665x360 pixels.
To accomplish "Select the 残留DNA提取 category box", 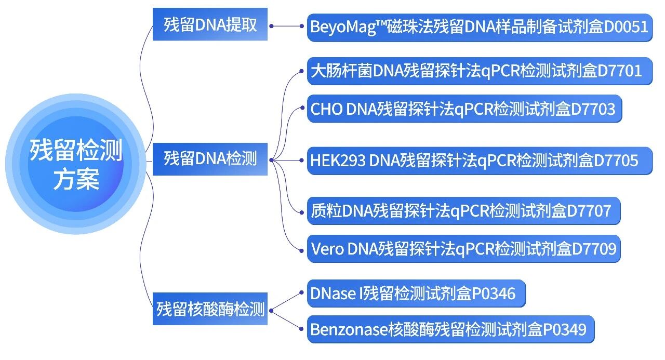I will click(210, 24).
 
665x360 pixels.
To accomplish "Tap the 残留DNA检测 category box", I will click(210, 158).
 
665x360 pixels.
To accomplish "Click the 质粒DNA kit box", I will click(463, 211).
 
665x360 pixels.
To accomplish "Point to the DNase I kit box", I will click(416, 294).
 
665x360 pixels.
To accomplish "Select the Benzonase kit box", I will click(450, 329).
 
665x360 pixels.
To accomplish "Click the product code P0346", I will click(494, 294).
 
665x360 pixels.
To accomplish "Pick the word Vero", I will click(327, 249).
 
